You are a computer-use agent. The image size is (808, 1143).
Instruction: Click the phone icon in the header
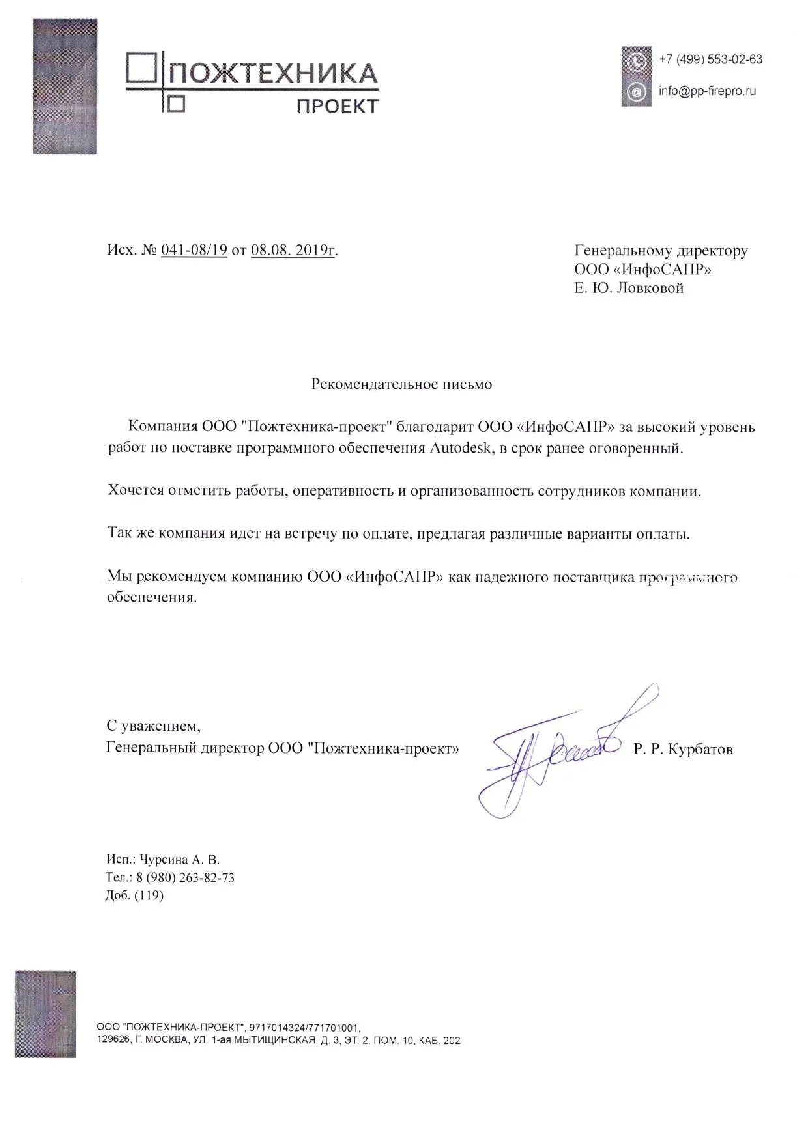(637, 62)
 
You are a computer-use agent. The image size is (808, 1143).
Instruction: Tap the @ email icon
(637, 92)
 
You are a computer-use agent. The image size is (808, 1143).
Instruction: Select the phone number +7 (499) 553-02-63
(710, 59)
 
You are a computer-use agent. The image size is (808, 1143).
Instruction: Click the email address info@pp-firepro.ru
(707, 91)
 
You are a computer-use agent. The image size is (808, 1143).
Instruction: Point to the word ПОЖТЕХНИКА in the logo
(274, 74)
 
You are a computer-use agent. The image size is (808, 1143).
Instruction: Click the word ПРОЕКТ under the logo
(337, 106)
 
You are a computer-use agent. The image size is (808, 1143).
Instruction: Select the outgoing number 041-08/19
(194, 250)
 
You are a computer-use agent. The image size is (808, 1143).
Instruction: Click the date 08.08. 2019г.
(293, 250)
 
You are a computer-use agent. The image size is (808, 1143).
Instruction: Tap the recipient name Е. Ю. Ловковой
(629, 288)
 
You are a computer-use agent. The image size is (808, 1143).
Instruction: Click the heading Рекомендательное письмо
(401, 384)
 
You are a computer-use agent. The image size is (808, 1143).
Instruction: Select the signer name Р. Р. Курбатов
(683, 749)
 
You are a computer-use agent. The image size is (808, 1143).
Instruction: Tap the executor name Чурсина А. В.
(182, 860)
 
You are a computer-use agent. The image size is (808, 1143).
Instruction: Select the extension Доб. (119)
(135, 896)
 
